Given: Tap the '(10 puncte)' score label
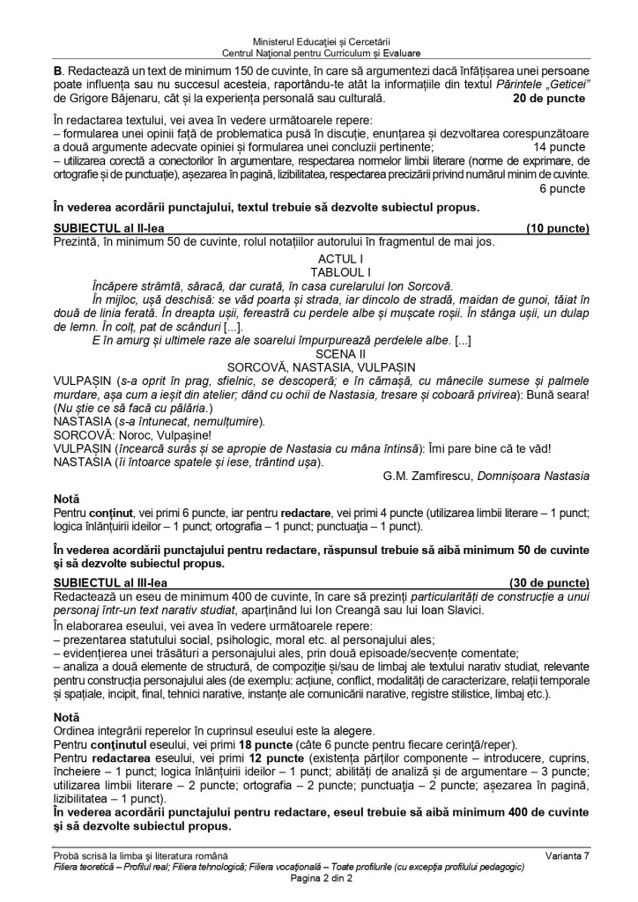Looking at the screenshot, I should tap(557, 228).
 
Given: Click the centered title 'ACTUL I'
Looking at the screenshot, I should tap(319, 259).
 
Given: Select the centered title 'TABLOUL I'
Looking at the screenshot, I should tap(319, 272).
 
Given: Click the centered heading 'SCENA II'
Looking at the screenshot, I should tap(319, 351).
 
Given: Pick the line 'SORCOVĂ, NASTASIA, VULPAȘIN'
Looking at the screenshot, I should tap(319, 365).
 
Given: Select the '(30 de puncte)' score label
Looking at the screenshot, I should tap(549, 582).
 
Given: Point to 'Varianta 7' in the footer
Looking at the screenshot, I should tap(565, 855).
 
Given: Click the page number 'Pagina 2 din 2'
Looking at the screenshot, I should tap(319, 877).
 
